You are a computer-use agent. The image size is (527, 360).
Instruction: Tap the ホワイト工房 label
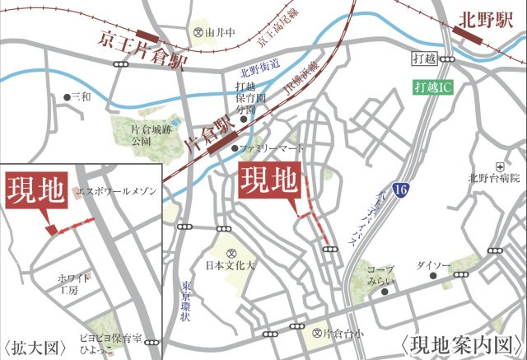click(x=75, y=285)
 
